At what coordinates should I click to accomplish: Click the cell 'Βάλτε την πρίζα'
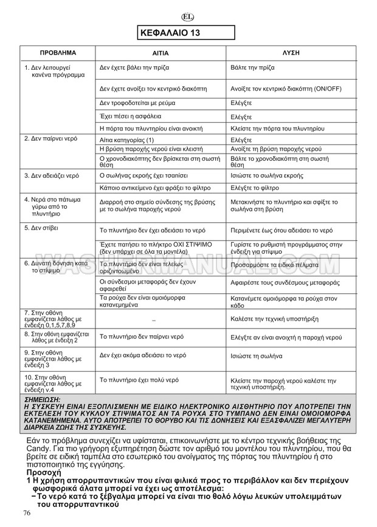coord(253,69)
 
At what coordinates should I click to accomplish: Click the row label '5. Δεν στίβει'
coord(37,228)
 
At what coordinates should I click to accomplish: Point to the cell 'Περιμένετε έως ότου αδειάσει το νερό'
coord(282,231)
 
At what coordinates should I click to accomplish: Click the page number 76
coord(26,514)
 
